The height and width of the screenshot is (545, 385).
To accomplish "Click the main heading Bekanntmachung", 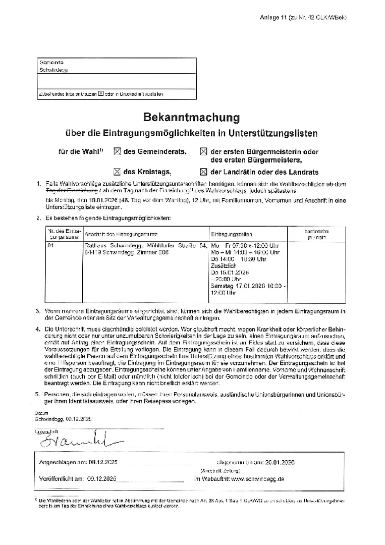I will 191,118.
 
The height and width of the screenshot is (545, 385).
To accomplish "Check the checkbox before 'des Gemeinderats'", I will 118,151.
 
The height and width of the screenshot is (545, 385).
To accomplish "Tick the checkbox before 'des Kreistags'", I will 117,171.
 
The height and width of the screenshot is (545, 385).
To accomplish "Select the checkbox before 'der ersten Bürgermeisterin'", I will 204,151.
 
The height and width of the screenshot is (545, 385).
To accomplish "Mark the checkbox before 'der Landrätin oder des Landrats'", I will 204,171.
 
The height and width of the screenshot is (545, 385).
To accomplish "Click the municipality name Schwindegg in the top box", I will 53,70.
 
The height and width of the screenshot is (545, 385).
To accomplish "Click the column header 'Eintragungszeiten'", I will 232,234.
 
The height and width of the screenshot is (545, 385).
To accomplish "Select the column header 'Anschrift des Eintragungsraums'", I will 121,234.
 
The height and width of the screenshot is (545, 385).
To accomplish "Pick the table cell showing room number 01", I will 50,246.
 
